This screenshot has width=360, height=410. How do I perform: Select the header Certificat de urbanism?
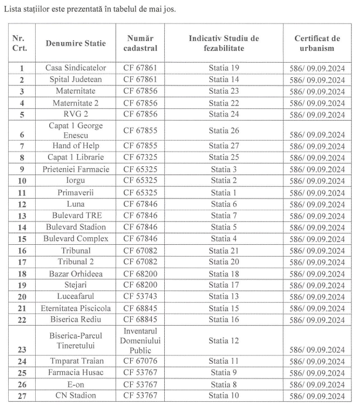point(317,43)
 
